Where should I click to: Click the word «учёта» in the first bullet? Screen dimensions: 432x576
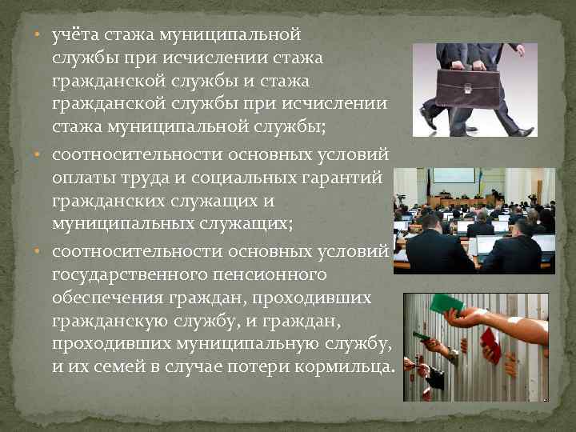coord(74,35)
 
